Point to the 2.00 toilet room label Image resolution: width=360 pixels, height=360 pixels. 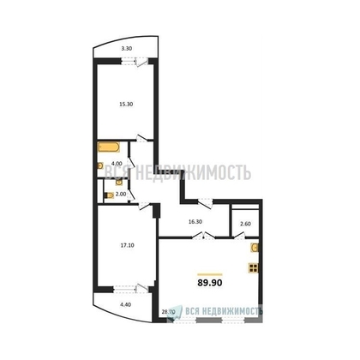coord(122,194)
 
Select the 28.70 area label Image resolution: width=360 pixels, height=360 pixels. coord(169,313)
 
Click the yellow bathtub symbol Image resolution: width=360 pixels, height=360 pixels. coord(107,147)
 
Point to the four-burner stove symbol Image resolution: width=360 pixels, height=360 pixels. coord(254,267)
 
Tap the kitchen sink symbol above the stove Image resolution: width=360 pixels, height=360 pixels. coord(254,248)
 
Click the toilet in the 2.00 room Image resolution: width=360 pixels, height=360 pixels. coord(108,195)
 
